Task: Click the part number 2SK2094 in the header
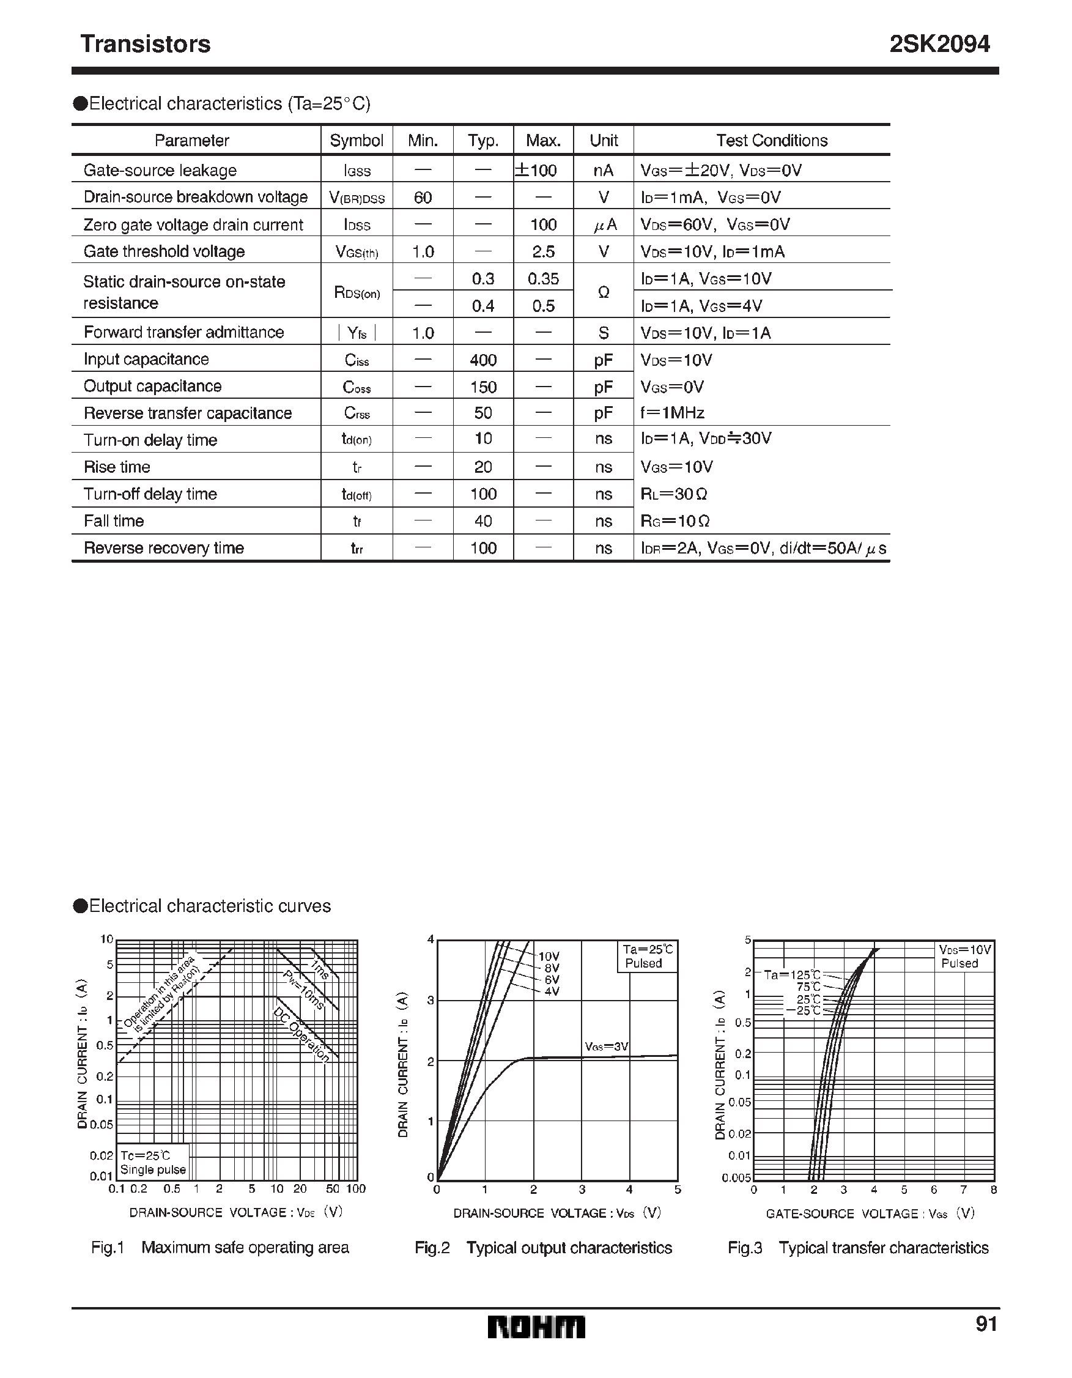click(939, 44)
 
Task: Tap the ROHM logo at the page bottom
click(536, 1327)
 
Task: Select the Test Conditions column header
click(771, 140)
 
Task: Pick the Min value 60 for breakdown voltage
click(423, 198)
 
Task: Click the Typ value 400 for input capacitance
click(483, 360)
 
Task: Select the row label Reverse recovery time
click(163, 547)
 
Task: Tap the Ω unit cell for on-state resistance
click(603, 292)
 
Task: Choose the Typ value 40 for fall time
click(483, 520)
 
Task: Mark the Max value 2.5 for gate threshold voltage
click(543, 252)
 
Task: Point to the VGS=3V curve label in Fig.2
click(607, 1046)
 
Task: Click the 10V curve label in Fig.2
click(549, 957)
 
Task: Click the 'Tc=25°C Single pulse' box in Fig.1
click(153, 1162)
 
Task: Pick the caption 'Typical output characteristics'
click(569, 1248)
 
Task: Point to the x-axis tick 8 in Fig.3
click(994, 1190)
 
